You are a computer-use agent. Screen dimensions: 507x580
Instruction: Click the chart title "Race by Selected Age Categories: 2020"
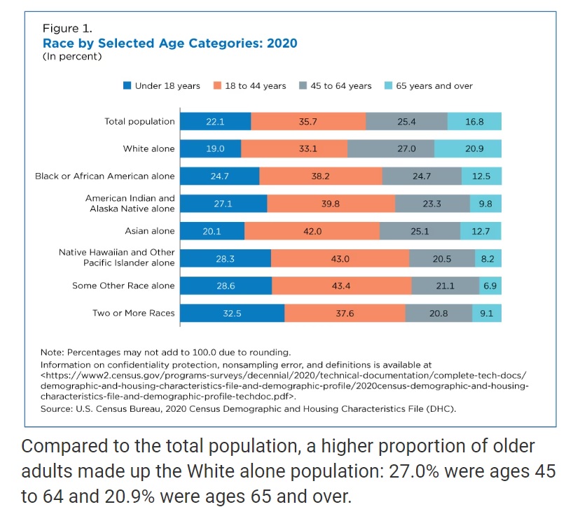[170, 43]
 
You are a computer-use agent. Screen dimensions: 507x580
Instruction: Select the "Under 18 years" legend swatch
[127, 85]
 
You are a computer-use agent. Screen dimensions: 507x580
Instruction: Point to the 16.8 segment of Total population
[474, 121]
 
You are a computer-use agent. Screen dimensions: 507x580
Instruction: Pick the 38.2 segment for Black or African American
[320, 176]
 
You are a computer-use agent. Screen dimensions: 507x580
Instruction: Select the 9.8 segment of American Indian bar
[485, 204]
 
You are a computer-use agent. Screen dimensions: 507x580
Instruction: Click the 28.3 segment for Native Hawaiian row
[225, 258]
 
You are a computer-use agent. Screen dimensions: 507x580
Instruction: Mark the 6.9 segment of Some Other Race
[490, 286]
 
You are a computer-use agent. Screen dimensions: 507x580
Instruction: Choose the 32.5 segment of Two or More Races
[232, 313]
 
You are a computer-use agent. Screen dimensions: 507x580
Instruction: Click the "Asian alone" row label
[149, 231]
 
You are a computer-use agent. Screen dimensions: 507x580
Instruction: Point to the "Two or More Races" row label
[134, 313]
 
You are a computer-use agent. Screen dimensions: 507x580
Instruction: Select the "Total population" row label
[139, 121]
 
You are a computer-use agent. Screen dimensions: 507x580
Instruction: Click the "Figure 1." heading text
[67, 29]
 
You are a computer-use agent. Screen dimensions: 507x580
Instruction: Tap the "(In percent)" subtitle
[72, 56]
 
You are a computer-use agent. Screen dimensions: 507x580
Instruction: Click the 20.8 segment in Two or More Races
[439, 313]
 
